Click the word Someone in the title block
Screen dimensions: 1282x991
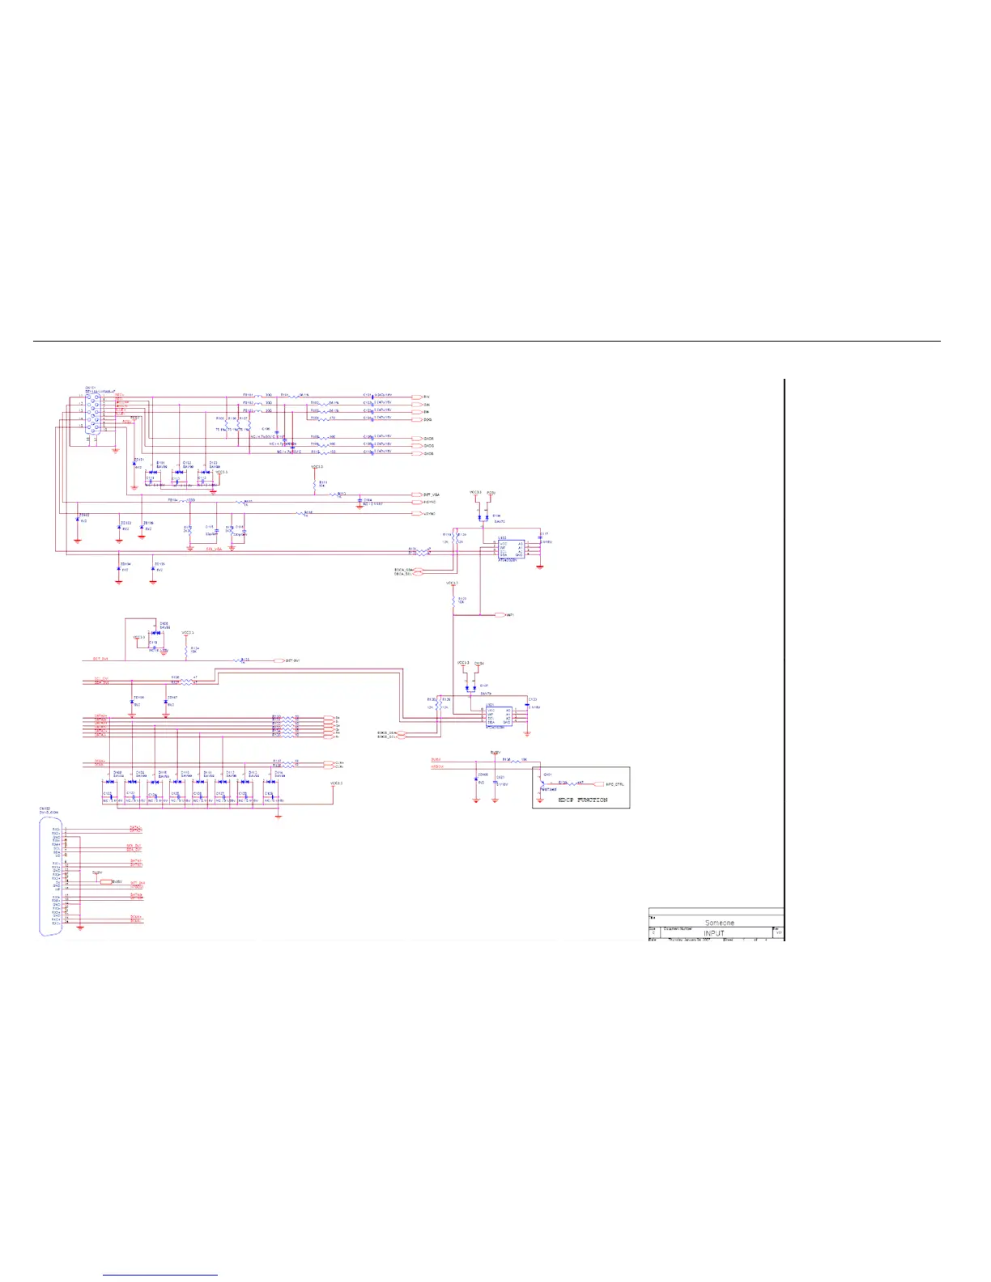click(719, 923)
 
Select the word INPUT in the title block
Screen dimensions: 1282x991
click(713, 933)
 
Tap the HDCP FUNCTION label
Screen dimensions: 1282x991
click(582, 800)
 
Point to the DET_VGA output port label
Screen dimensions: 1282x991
click(432, 495)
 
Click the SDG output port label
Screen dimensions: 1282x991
click(427, 420)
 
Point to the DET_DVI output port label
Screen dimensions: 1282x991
click(292, 661)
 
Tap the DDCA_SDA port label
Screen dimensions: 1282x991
click(403, 570)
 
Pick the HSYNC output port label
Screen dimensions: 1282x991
click(429, 503)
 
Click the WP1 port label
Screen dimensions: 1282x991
click(509, 615)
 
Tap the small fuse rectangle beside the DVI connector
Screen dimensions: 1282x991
click(106, 881)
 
